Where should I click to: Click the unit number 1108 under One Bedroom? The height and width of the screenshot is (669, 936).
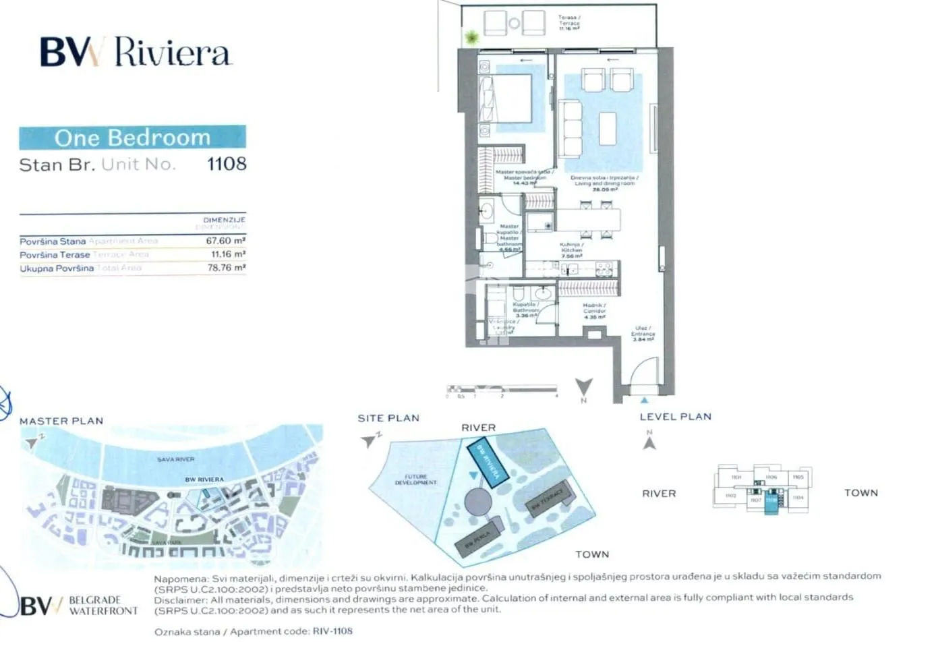227,164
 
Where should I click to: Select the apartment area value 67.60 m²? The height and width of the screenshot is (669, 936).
225,241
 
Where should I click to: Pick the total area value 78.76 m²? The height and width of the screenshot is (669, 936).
226,268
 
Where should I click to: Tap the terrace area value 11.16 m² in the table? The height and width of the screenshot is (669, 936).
228,254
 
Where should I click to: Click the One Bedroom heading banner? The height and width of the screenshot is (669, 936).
132,138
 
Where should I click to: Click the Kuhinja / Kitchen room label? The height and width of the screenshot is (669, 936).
571,250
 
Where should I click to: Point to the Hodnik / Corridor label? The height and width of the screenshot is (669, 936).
594,310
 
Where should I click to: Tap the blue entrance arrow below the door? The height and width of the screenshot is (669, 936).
645,401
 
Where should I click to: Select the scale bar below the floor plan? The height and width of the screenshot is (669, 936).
502,389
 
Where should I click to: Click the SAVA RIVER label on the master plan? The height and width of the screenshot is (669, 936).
176,459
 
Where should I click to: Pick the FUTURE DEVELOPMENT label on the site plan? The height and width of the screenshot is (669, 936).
415,479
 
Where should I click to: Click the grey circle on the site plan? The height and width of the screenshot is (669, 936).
477,502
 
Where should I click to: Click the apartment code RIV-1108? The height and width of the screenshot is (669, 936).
332,631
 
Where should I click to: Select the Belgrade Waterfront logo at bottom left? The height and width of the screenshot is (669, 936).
80,605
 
